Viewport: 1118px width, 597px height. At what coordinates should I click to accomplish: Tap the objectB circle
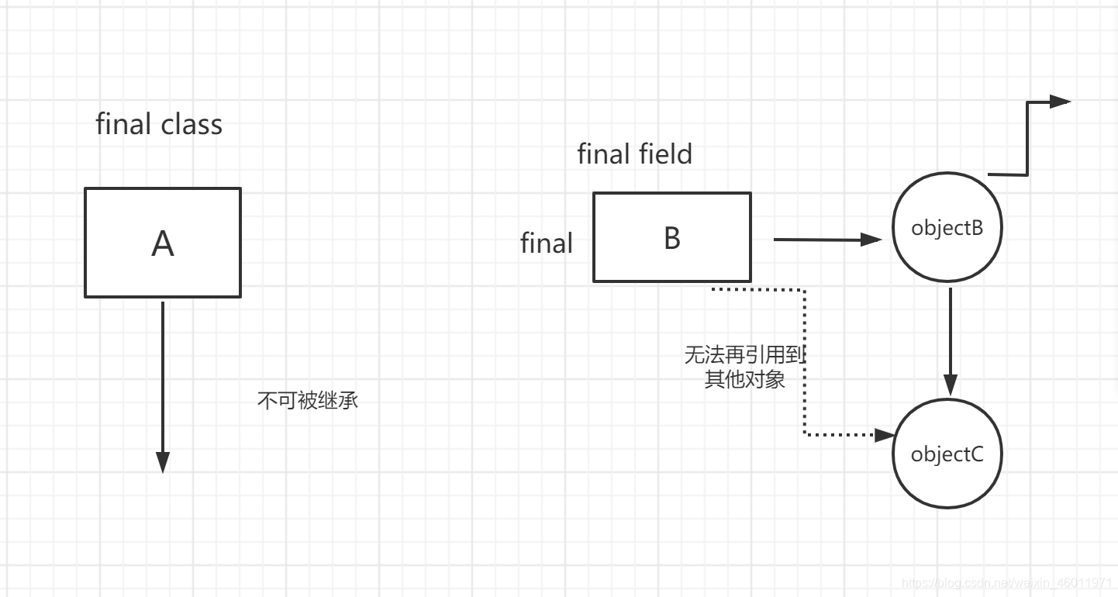pyautogui.click(x=947, y=229)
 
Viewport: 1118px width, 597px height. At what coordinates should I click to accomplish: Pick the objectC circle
pyautogui.click(x=947, y=454)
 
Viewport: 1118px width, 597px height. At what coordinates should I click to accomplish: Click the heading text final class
pyautogui.click(x=159, y=125)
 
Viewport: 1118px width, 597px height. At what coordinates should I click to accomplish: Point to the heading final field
pyautogui.click(x=634, y=154)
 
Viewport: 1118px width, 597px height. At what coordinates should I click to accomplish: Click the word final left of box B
pyautogui.click(x=546, y=243)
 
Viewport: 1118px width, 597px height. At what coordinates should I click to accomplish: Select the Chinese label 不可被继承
pyautogui.click(x=308, y=401)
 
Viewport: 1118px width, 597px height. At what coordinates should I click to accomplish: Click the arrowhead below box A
pyautogui.click(x=163, y=462)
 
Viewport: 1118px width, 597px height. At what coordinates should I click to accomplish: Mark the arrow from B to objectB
pyautogui.click(x=826, y=240)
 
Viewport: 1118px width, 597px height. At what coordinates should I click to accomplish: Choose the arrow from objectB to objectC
pyautogui.click(x=951, y=341)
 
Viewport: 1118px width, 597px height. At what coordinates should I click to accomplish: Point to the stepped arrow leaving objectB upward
pyautogui.click(x=1028, y=140)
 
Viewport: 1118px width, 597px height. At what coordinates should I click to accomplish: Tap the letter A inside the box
pyautogui.click(x=163, y=244)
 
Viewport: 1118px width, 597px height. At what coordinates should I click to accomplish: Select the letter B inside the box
pyautogui.click(x=672, y=238)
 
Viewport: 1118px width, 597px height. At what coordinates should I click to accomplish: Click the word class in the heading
pyautogui.click(x=192, y=125)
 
